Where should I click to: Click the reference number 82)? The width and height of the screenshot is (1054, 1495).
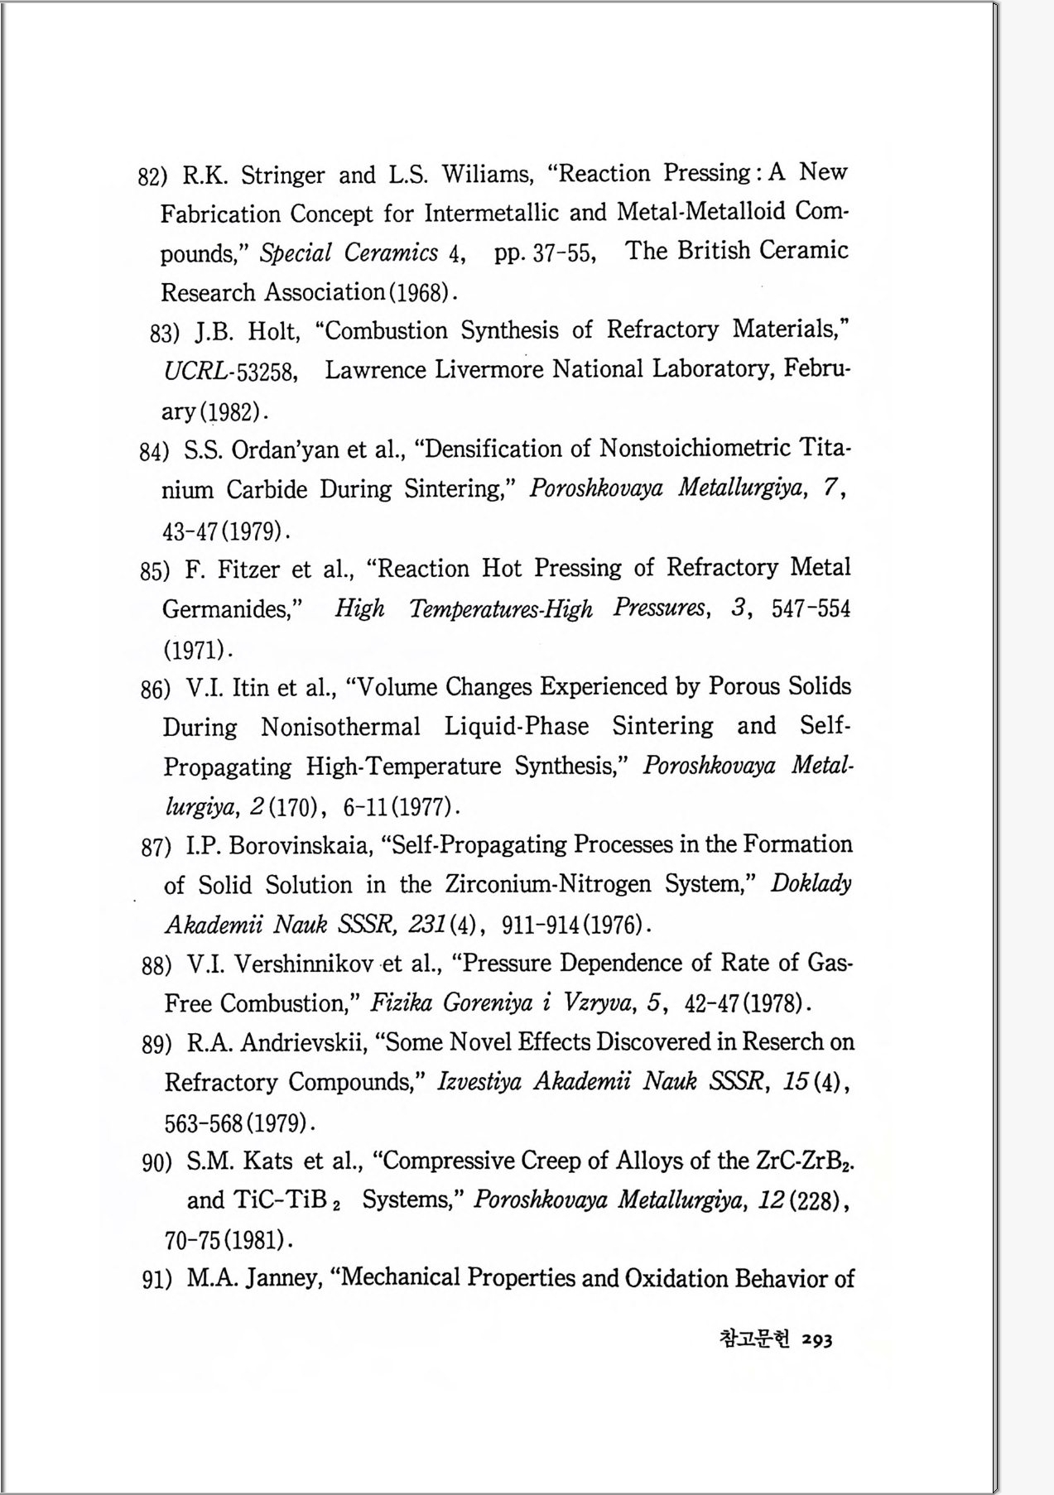point(152,176)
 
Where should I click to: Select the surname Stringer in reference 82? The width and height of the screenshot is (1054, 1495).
point(282,175)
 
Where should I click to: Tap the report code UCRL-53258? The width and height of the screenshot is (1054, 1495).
point(230,372)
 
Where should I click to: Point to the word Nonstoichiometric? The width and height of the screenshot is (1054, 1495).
point(695,449)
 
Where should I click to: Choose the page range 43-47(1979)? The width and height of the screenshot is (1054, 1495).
point(225,531)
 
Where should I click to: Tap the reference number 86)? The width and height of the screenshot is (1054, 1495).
point(156,689)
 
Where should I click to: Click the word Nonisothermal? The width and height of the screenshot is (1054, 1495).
point(340,727)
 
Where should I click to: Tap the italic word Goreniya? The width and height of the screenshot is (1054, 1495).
point(487,1003)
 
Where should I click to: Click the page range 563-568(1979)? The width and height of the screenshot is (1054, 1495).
point(238,1123)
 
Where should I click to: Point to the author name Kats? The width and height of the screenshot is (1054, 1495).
point(267,1161)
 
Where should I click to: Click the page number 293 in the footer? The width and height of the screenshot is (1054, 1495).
point(816,1339)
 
